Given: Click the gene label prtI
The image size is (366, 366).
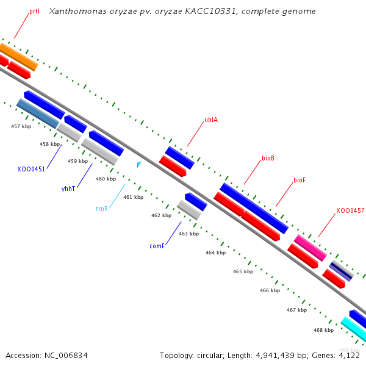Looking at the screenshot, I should pos(34,12).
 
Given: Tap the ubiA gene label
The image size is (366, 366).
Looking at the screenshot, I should pos(211,120).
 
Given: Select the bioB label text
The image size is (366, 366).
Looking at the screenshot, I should pos(268,159).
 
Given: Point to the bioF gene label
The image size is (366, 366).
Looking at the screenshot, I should pos(299,180).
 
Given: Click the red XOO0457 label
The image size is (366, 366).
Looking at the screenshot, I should pos(350,210).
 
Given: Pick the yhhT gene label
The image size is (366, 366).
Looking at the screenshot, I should pos(68,188).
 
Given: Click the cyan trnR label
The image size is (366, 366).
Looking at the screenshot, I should pos(101,209).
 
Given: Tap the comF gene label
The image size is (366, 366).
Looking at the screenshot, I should pos(157,246).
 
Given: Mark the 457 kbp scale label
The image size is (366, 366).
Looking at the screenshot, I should pos(21,126).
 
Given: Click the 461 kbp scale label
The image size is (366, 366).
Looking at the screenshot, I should pos(133,197).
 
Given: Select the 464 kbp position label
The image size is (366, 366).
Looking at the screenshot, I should pos(215,253).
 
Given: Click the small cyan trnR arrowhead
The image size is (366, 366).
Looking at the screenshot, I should pos(139,164).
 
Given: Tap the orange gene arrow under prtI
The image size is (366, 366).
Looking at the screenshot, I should pos(18,56).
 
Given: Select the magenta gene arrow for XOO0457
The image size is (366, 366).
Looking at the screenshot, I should pos(310,248).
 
